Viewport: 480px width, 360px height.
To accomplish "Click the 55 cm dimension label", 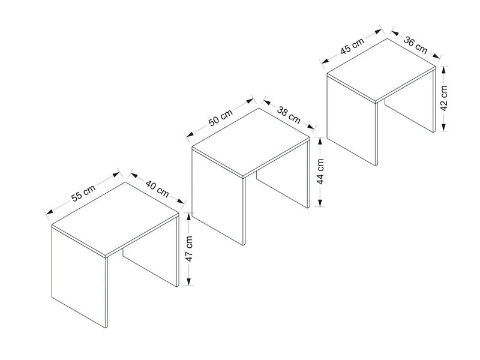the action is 83,193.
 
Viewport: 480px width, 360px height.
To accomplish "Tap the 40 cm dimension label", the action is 157,188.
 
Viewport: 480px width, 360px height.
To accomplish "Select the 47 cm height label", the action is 189,248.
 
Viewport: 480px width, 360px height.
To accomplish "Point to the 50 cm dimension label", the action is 220,118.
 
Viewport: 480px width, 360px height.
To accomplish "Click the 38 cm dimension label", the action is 289,115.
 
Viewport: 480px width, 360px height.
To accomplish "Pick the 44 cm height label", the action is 320,172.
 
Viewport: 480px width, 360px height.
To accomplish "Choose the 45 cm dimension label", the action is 352,46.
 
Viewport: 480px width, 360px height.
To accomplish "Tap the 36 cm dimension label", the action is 415,45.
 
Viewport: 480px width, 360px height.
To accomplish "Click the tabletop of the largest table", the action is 115,218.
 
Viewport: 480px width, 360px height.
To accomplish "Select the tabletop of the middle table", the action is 251,143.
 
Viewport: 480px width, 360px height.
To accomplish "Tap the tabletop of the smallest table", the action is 381,70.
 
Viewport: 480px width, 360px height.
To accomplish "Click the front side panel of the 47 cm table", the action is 79,277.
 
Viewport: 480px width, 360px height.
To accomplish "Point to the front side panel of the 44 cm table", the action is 218,196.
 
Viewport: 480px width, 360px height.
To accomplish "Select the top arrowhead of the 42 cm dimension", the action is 444,70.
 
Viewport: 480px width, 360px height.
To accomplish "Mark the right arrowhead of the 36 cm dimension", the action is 436,55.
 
